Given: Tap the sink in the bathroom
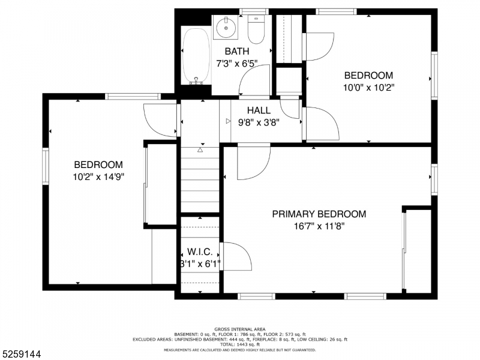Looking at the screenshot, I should point(226,26).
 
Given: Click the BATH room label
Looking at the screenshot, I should point(237,52).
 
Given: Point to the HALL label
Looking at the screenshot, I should point(259,110).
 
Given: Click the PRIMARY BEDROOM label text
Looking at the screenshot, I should point(319,214).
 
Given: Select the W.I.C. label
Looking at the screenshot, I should point(200,252).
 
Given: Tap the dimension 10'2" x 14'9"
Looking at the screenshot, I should point(98,177).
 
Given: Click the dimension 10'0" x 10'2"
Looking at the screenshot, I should point(368,87).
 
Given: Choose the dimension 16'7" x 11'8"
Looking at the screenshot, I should point(319,226).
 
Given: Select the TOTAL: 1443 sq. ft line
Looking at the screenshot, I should point(239,344).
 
